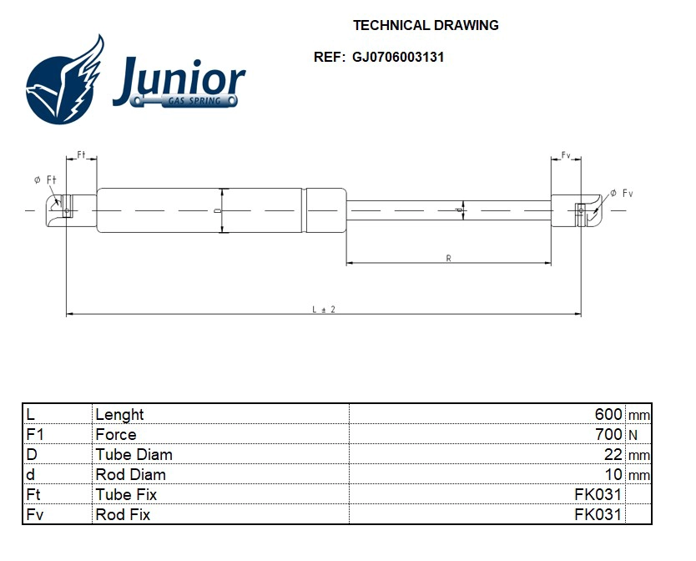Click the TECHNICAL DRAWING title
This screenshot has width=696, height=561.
pyautogui.click(x=426, y=25)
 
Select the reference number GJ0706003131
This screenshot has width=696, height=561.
pyautogui.click(x=397, y=58)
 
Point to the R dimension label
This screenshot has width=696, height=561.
pyautogui.click(x=448, y=259)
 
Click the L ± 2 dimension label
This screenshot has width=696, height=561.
pyautogui.click(x=324, y=309)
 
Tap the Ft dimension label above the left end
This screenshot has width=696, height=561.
pyautogui.click(x=82, y=155)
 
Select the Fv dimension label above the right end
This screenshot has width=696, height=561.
pyautogui.click(x=566, y=155)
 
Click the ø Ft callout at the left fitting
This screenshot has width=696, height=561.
pyautogui.click(x=45, y=179)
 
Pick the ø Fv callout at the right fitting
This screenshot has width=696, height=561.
pyautogui.click(x=622, y=193)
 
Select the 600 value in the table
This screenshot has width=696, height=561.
pyautogui.click(x=608, y=415)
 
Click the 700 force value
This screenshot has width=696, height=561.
pyautogui.click(x=608, y=435)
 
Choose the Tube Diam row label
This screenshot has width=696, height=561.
pyautogui.click(x=134, y=455)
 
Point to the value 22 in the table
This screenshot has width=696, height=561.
pyautogui.click(x=613, y=455)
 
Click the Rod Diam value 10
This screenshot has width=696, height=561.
pyautogui.click(x=613, y=475)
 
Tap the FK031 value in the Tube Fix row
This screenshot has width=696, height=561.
pyautogui.click(x=598, y=495)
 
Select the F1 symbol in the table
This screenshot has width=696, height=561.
pyautogui.click(x=35, y=435)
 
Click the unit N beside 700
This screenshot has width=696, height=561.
pyautogui.click(x=633, y=435)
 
